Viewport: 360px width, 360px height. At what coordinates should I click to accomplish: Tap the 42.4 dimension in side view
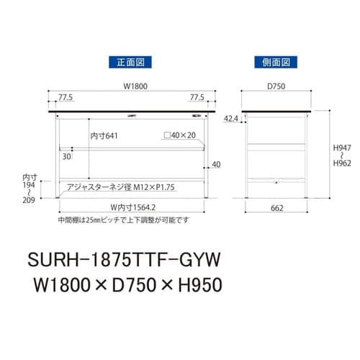pos(231,117)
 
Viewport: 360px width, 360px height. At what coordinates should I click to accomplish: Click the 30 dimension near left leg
pos(66,156)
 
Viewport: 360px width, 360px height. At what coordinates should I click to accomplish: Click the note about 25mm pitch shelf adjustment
pos(123,220)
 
